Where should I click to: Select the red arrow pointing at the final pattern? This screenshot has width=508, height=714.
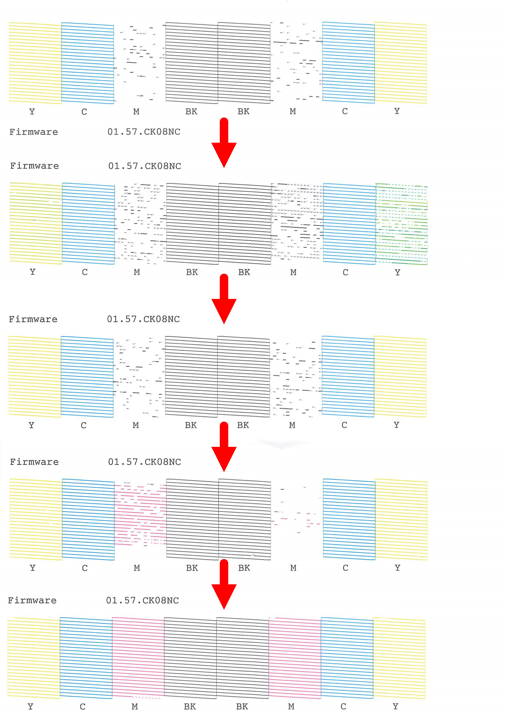(x=224, y=584)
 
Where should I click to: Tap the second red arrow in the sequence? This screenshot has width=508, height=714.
(x=224, y=299)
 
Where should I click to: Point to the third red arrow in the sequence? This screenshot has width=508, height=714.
(x=224, y=447)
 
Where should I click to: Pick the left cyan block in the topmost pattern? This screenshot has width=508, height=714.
(x=88, y=63)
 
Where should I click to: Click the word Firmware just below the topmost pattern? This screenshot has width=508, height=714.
(x=34, y=132)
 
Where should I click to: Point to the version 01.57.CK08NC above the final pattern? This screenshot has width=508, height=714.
(x=143, y=600)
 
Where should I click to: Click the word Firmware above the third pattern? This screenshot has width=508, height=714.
(x=33, y=319)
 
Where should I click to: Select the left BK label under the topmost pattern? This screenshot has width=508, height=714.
(x=191, y=112)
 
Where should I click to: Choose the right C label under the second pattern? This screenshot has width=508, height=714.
(x=345, y=272)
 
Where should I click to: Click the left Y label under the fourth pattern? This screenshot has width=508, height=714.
(x=33, y=568)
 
